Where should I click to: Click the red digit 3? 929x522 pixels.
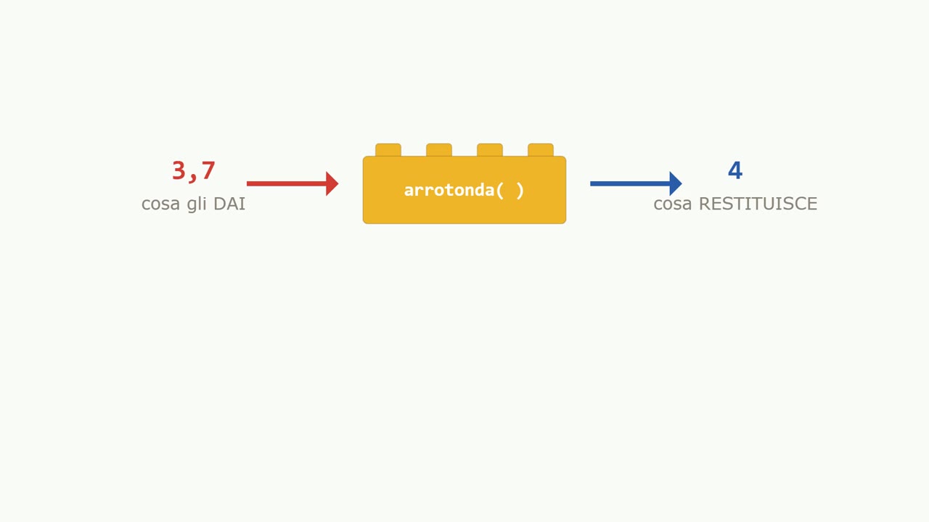pos(179,170)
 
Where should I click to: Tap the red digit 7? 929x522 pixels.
pos(208,170)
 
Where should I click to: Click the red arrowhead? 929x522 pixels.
pos(332,183)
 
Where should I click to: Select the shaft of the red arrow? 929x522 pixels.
pos(287,183)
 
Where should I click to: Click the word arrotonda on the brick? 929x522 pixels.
pos(449,191)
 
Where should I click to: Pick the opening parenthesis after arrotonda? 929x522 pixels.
pos(500,191)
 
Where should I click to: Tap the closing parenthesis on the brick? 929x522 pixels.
pos(520,191)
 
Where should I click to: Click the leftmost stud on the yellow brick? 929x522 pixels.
pos(388,150)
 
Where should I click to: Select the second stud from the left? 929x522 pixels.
pos(439,150)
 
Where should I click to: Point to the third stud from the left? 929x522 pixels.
pos(490,150)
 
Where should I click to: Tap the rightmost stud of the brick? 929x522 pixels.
pos(541,150)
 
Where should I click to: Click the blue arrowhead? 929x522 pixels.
pos(676,183)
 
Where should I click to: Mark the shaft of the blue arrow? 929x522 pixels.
pos(630,183)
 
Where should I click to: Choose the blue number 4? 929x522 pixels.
pos(735,170)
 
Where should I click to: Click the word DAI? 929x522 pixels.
pos(229,204)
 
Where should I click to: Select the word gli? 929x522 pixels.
pos(197,204)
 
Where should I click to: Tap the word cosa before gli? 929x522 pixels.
pos(160,205)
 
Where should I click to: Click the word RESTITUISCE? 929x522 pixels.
pos(758,204)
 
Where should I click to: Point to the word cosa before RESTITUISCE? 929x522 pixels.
pos(673,205)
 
